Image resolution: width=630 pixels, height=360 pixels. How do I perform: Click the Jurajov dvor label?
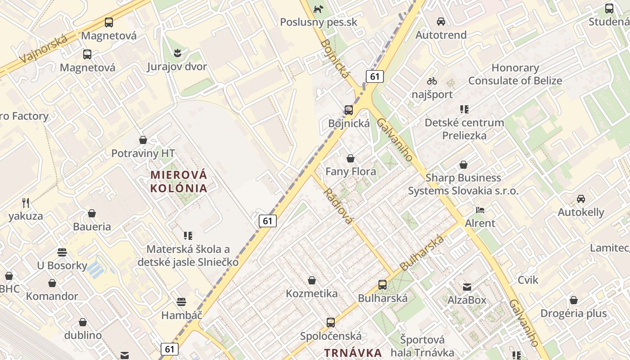pos(177,67)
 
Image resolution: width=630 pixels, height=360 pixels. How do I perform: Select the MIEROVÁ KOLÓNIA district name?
pos(179,181)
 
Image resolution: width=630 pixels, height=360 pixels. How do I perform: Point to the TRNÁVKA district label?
pos(353,352)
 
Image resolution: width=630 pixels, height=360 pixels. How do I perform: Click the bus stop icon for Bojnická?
pos(348,110)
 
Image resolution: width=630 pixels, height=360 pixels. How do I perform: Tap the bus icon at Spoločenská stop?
pos(331,323)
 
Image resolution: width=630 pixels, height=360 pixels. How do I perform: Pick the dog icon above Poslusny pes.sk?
pos(319,9)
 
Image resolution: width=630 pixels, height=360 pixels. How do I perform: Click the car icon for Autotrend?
pos(441,21)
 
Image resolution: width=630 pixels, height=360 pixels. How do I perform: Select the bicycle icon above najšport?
pos(432,81)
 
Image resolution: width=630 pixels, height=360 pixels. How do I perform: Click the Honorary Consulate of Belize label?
pos(515,74)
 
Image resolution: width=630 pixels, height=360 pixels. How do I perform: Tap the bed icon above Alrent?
pos(480,210)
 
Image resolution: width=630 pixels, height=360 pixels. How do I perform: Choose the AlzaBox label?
pos(467,300)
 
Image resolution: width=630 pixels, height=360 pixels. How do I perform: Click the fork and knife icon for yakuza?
pos(26,203)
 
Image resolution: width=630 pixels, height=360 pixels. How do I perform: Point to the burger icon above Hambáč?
pos(181,301)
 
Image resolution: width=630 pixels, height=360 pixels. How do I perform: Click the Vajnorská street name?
pos(44,49)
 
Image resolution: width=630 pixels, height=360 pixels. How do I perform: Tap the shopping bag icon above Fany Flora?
pos(351,158)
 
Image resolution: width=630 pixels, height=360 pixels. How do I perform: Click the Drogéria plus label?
pos(573,314)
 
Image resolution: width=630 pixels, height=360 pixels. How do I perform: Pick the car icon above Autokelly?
pos(581,199)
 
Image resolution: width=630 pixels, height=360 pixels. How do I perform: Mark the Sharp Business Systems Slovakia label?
pos(463,184)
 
